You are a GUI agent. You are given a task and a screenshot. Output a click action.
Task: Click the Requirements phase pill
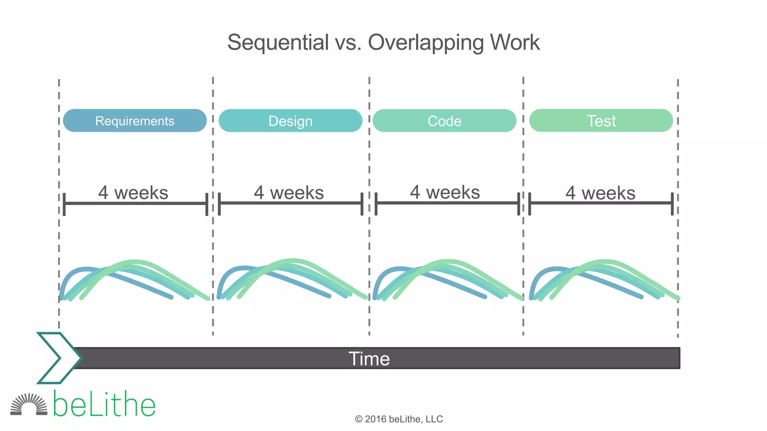tap(135, 120)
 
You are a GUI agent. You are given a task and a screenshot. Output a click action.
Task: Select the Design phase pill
tap(290, 120)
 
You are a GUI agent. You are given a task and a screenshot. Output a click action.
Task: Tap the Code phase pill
tap(445, 120)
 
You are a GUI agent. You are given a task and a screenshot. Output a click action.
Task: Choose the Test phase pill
tap(601, 120)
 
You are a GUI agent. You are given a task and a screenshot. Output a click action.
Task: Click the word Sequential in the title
tap(278, 42)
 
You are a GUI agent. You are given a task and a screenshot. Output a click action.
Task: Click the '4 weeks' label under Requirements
tap(133, 193)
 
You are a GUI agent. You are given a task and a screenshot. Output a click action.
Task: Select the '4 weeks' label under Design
tap(289, 193)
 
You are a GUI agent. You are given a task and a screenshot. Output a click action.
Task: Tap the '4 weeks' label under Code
tap(445, 192)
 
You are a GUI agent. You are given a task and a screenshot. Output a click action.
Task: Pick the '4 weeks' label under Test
tap(600, 193)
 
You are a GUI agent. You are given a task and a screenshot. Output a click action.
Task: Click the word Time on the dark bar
tap(369, 358)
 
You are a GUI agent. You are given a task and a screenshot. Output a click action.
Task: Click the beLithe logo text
tap(104, 405)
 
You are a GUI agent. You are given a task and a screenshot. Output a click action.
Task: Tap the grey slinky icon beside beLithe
tap(29, 405)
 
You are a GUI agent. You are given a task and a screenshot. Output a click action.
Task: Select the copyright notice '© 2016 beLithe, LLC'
tap(399, 419)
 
